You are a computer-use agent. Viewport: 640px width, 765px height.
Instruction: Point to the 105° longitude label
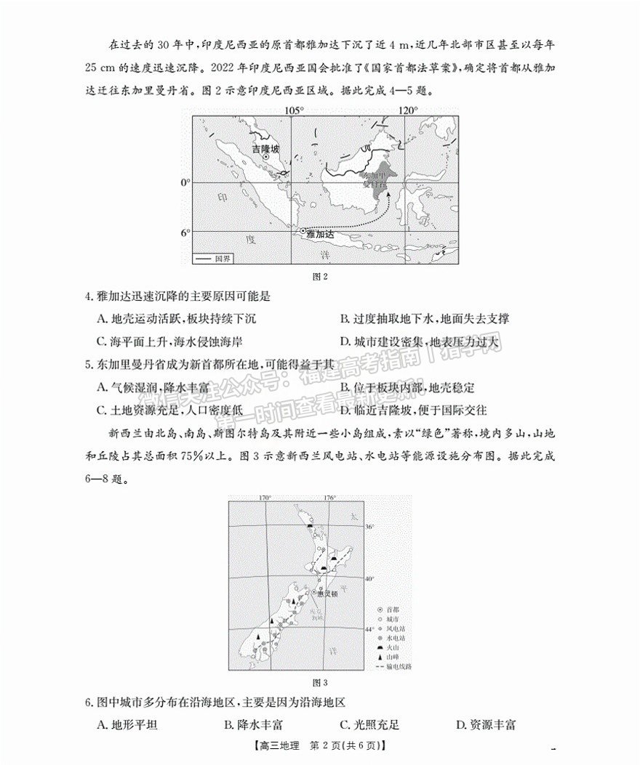pos(293,110)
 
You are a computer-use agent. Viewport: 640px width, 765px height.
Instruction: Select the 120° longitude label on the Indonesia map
pos(407,110)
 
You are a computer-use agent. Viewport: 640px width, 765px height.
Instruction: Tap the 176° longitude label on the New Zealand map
pos(329,498)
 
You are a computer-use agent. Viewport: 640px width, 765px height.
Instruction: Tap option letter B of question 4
pos(344,318)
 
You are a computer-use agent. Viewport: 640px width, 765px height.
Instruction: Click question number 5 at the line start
pos(88,365)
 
